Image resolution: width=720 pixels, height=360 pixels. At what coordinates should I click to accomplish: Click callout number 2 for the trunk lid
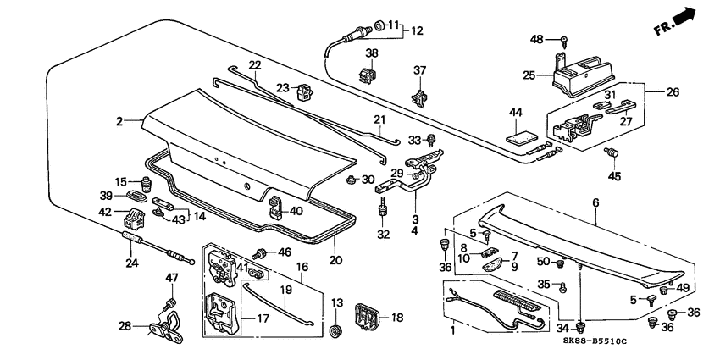point(121,121)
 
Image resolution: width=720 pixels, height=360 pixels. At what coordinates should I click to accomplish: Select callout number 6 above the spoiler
point(595,203)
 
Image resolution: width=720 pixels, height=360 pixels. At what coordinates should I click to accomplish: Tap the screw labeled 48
point(562,40)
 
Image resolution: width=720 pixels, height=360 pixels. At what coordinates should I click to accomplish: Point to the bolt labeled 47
point(170,302)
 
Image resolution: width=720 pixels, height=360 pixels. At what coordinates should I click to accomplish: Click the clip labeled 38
point(368,75)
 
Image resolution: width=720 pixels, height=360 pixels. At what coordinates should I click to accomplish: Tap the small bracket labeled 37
point(419,96)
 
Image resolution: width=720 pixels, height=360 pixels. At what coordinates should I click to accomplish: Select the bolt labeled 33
point(432,140)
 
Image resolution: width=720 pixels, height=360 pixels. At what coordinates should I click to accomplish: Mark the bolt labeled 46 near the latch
point(262,252)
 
